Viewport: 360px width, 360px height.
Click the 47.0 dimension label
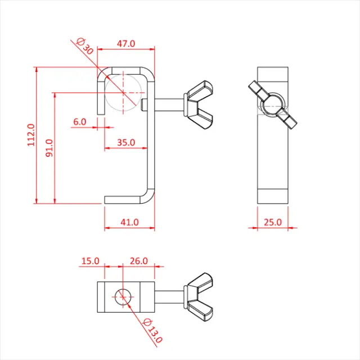[x=125, y=43]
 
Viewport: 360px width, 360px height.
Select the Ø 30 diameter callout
[x=84, y=45]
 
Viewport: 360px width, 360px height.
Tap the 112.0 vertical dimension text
[x=31, y=136]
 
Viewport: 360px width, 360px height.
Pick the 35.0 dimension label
[x=125, y=143]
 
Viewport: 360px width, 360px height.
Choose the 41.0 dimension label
[x=129, y=222]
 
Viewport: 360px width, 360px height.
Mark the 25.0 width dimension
[x=273, y=222]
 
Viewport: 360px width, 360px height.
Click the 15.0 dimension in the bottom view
[x=90, y=261]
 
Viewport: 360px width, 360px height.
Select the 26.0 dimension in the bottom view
[x=138, y=261]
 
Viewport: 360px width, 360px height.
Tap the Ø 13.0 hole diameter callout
[x=152, y=330]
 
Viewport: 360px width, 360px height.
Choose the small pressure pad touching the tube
[x=145, y=104]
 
